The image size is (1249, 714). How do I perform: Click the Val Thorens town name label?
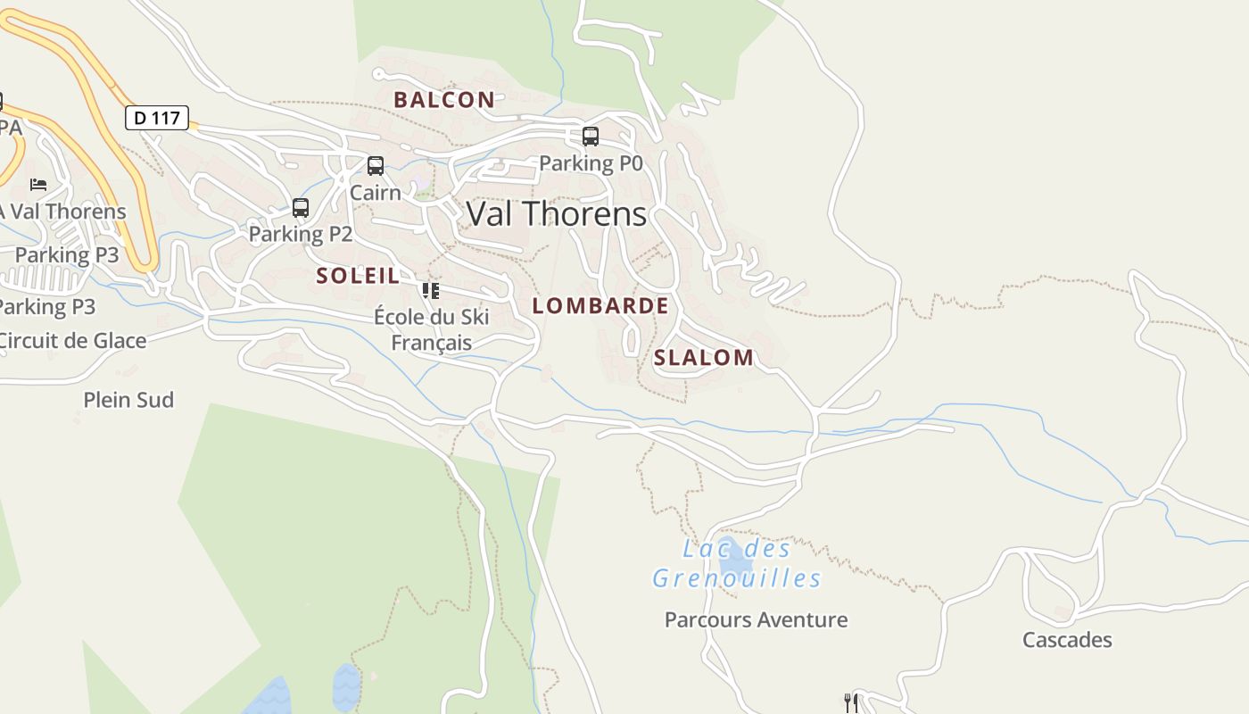(557, 214)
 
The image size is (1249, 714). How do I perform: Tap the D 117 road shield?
(157, 118)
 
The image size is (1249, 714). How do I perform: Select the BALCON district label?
(444, 100)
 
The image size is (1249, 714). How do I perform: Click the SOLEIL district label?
(358, 276)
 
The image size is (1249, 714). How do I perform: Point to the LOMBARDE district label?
(600, 306)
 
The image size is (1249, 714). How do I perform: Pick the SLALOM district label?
(704, 358)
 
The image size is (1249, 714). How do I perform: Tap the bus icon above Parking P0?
(590, 137)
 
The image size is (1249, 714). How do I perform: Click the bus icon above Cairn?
(376, 166)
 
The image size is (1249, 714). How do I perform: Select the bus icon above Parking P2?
(301, 208)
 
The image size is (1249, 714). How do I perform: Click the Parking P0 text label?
(591, 163)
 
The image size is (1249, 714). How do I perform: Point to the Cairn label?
(375, 193)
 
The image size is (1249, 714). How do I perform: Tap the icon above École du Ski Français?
(431, 290)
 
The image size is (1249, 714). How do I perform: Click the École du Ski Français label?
(432, 329)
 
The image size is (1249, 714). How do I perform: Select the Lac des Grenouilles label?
(736, 564)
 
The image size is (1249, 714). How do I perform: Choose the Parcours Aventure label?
(756, 619)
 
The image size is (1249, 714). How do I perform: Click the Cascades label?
(1067, 640)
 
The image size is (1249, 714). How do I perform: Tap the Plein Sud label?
(128, 400)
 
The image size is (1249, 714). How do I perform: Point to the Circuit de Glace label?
(71, 340)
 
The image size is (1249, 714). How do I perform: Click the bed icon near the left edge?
(38, 185)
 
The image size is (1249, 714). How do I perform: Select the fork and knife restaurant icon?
(850, 702)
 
